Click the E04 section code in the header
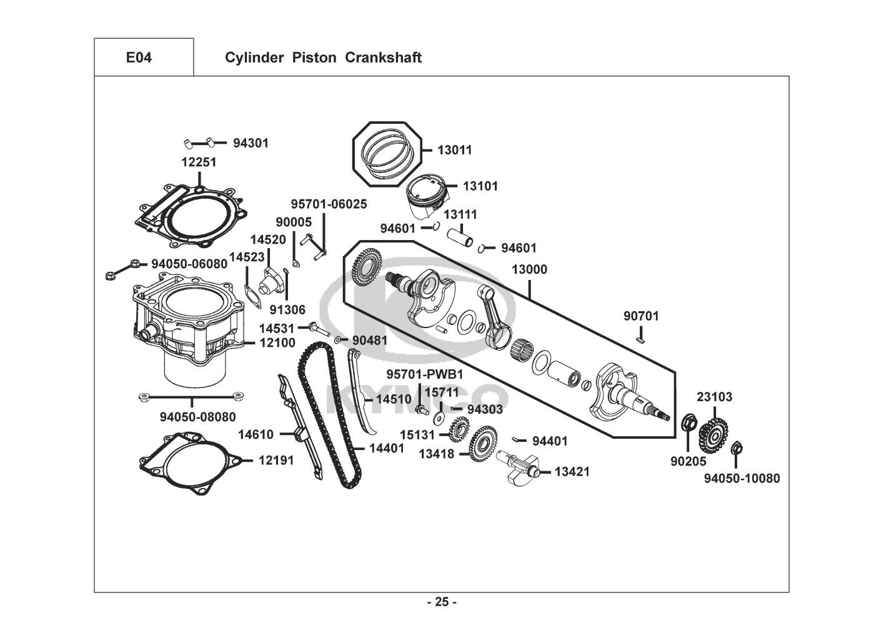click(139, 58)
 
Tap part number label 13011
click(454, 150)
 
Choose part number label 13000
click(529, 270)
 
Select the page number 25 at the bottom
click(442, 602)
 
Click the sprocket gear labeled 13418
click(482, 443)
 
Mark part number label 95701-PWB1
click(424, 374)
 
